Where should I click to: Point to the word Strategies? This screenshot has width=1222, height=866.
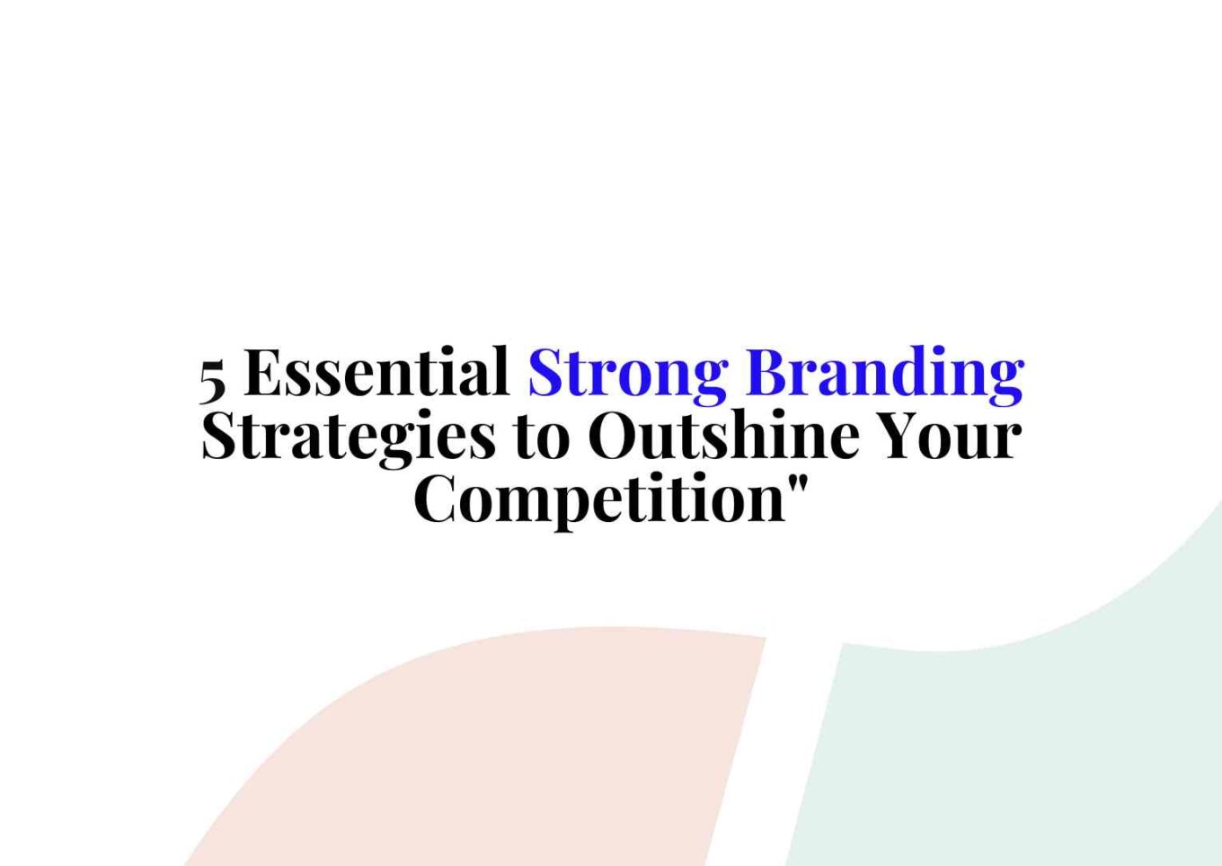point(349,437)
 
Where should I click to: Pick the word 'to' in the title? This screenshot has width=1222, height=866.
point(542,437)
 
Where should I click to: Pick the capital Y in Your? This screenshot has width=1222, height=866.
point(900,435)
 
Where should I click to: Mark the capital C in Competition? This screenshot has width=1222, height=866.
point(437,499)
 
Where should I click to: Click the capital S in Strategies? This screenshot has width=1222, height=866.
point(219,436)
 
